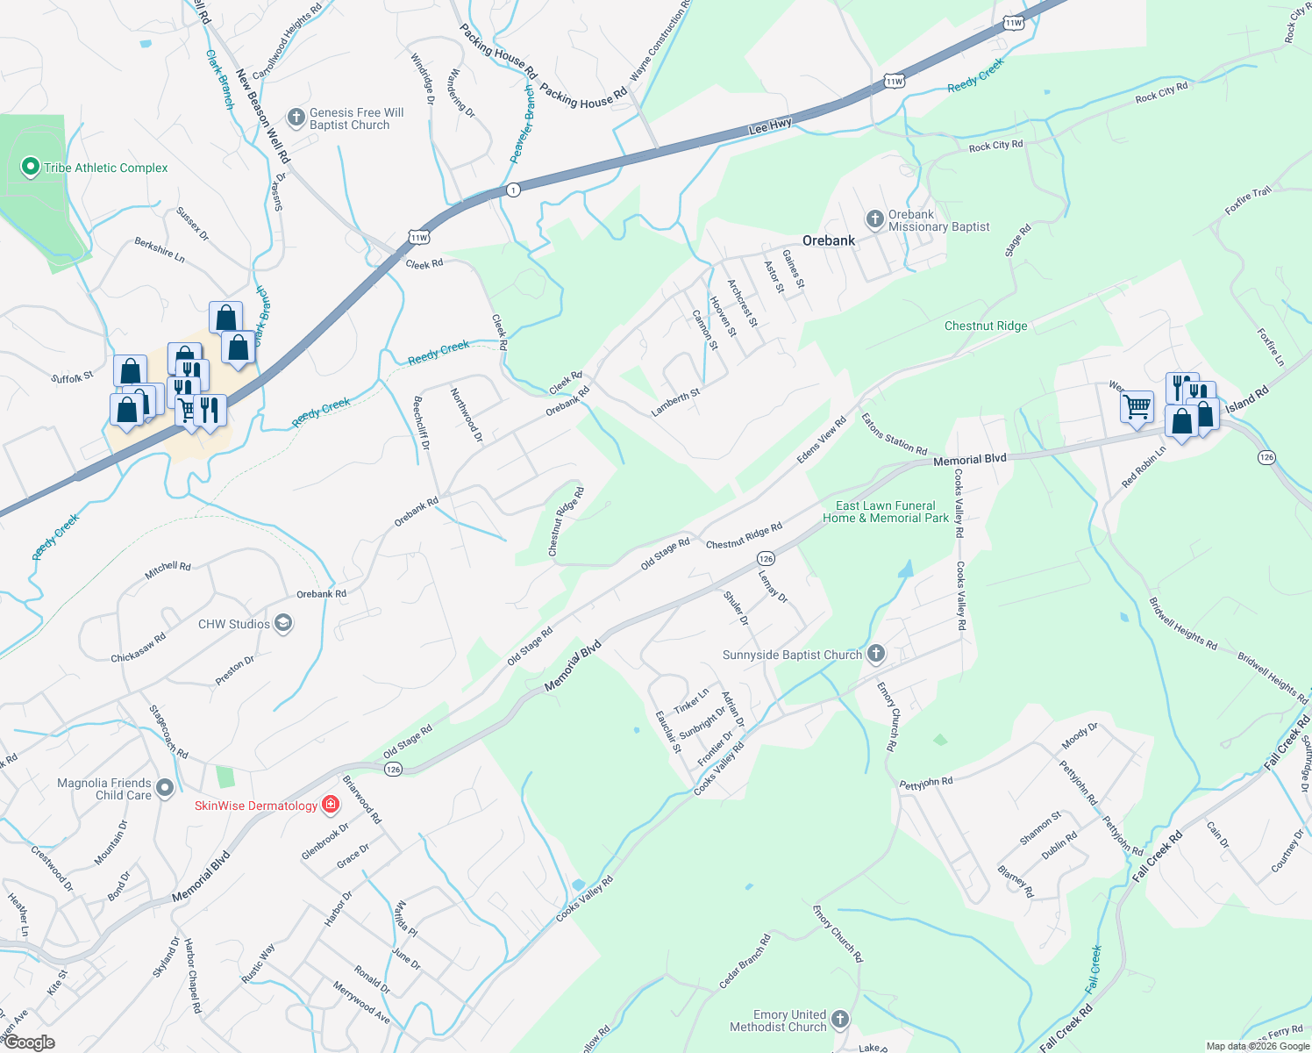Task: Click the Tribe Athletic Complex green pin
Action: click(31, 166)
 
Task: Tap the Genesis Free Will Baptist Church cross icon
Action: click(296, 117)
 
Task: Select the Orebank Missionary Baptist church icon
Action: click(874, 219)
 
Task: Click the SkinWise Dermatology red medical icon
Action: click(331, 804)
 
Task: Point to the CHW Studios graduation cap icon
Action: click(283, 624)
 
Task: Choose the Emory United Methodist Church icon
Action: click(840, 1019)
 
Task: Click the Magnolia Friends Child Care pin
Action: click(166, 788)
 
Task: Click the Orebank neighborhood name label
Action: click(828, 240)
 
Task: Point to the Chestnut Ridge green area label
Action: click(986, 326)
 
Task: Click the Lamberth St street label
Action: click(675, 402)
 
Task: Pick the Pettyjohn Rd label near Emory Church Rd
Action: click(926, 783)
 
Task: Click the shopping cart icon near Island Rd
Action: click(1137, 406)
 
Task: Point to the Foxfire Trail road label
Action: click(1248, 201)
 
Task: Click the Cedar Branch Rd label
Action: click(745, 962)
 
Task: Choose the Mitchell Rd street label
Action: click(168, 571)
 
